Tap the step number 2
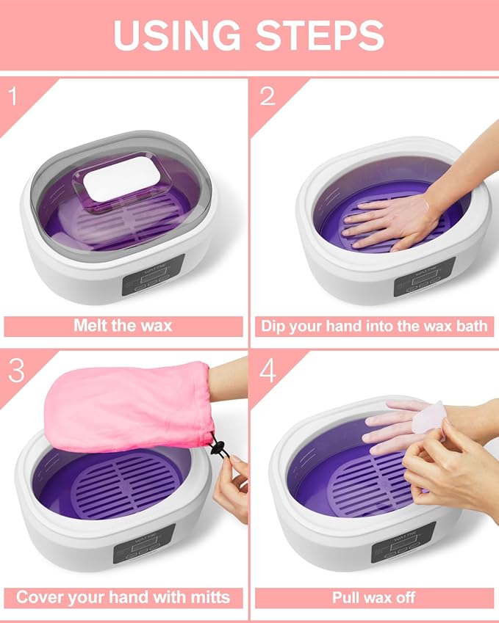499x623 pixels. coord(268,95)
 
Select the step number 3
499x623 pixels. coord(17,371)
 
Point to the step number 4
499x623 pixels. coord(268,371)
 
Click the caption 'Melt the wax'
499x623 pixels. coord(123,326)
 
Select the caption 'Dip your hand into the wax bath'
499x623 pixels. coord(374,326)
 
